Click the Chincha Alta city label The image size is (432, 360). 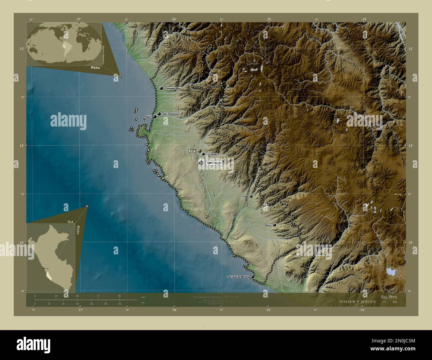point(172,88)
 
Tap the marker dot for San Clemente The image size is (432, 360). point(160,114)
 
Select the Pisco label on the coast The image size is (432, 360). point(147,117)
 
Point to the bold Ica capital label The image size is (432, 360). point(192,151)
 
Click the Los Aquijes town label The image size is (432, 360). point(212,154)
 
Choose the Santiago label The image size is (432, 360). point(214,163)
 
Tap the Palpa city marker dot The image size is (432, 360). point(251,196)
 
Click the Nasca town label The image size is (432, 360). point(268,225)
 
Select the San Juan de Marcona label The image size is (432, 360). point(238,277)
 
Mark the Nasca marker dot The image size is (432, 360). point(274,225)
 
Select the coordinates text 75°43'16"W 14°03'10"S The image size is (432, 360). point(357,302)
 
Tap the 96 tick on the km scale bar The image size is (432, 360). point(119,296)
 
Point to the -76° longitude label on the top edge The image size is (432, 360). point(173,20)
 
